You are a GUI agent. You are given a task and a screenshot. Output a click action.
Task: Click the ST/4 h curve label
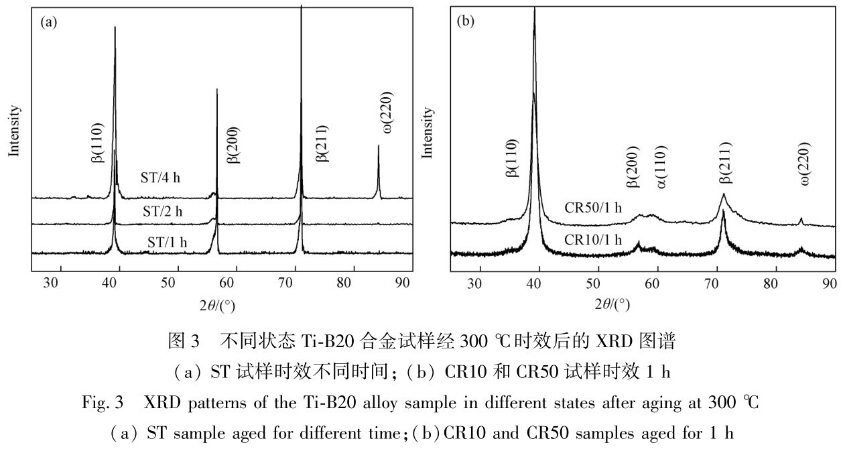(161, 178)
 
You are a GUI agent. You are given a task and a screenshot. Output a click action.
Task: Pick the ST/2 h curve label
(163, 211)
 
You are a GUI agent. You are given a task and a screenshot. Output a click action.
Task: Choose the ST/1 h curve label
(167, 242)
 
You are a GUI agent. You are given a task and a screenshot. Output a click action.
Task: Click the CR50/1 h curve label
(594, 207)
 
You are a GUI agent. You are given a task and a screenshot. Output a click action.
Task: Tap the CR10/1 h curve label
(594, 239)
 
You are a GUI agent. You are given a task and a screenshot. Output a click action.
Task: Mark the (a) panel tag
(49, 22)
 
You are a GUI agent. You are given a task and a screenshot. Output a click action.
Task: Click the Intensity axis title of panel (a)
(13, 131)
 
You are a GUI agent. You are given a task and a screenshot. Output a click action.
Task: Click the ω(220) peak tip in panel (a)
(379, 146)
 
